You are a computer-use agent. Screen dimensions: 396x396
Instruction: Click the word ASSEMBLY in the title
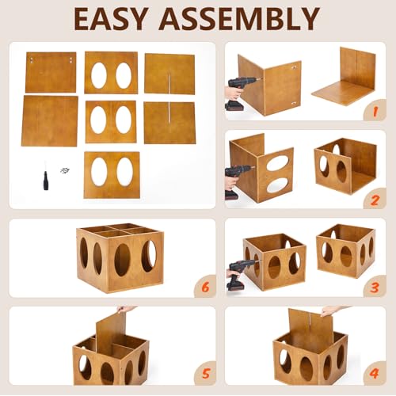(239, 19)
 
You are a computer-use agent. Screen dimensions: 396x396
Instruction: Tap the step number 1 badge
(375, 111)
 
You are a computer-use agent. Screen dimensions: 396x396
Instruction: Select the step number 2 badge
(375, 200)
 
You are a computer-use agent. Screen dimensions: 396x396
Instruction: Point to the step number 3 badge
(375, 287)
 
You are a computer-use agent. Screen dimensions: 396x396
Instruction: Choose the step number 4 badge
(375, 373)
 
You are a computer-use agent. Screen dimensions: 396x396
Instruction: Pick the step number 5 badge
(205, 373)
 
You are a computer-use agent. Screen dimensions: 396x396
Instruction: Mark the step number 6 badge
(205, 287)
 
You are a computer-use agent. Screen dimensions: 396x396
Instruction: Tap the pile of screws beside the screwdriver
(64, 170)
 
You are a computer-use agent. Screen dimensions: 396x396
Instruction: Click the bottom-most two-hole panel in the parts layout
(112, 175)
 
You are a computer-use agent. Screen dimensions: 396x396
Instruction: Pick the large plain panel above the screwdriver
(50, 121)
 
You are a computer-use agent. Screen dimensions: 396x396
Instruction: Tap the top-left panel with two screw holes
(51, 72)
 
